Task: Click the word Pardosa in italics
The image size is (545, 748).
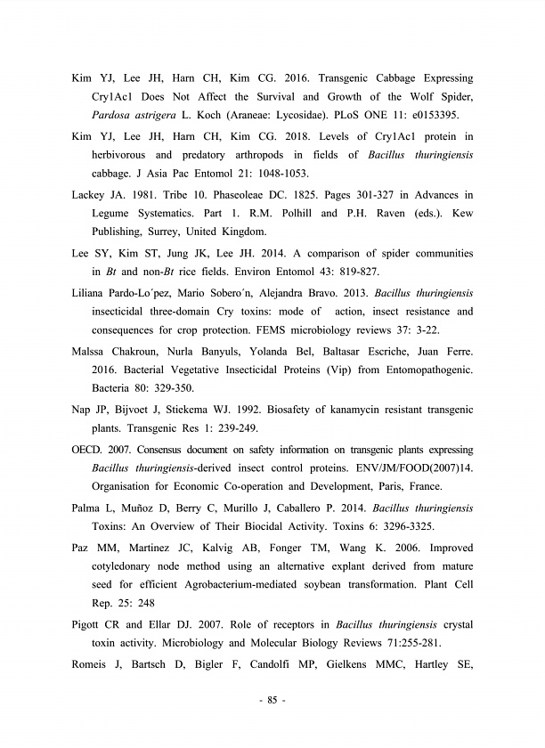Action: pyautogui.click(x=114, y=115)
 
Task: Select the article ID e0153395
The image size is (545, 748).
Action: pyautogui.click(x=442, y=115)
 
